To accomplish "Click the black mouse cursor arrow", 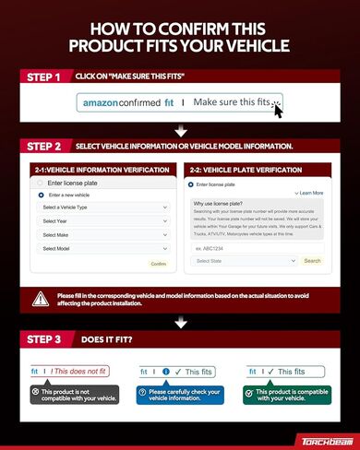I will pyautogui.click(x=277, y=110).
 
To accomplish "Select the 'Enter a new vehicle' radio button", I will pyautogui.click(x=42, y=195).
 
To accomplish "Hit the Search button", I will pyautogui.click(x=312, y=261).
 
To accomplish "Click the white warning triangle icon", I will pyautogui.click(x=42, y=299).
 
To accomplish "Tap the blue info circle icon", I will pyautogui.click(x=166, y=372).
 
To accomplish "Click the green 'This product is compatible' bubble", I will pyautogui.click(x=286, y=395).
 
